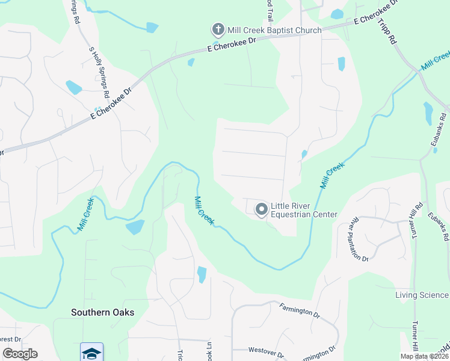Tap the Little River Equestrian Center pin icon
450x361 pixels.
(x=262, y=209)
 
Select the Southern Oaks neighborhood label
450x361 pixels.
(x=102, y=312)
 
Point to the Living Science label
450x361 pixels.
(x=422, y=295)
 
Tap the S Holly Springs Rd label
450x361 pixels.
(x=99, y=73)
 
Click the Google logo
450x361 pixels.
(x=20, y=354)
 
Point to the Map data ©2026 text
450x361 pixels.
(x=425, y=356)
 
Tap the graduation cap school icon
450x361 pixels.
(x=91, y=353)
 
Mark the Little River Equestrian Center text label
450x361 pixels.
(x=304, y=210)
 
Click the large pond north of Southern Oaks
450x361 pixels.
(x=135, y=227)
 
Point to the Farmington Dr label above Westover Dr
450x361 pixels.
(x=299, y=311)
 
